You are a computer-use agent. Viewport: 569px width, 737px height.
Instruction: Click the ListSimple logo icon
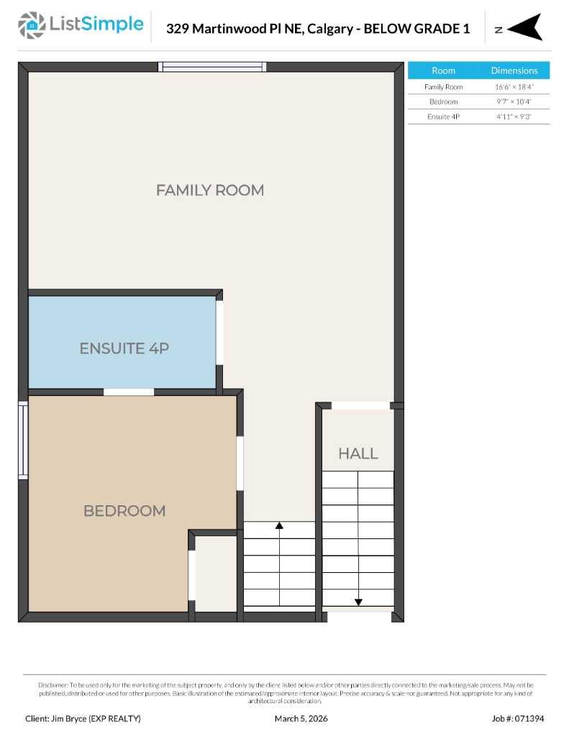coord(31,26)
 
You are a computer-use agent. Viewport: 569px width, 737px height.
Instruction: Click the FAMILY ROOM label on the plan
coord(209,190)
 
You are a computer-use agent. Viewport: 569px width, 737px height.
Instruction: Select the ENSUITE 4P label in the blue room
coord(124,348)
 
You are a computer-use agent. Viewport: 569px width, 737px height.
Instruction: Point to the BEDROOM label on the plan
coord(124,511)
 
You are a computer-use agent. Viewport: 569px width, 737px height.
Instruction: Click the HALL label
coord(358,453)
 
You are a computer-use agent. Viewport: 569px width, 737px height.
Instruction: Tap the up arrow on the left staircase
coord(279,526)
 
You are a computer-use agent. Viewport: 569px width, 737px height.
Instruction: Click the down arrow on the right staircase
coord(358,602)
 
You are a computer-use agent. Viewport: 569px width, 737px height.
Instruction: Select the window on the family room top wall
coord(212,67)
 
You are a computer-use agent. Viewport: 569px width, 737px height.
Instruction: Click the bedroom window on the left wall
coord(23,440)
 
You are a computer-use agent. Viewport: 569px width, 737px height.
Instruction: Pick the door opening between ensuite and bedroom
coord(129,392)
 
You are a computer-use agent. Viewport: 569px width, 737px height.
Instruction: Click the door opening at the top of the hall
coord(360,406)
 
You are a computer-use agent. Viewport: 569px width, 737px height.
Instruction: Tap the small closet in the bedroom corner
coord(216,574)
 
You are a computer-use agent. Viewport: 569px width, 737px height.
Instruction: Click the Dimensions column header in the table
coord(514,71)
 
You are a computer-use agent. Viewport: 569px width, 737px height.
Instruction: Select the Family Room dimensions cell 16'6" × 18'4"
coord(514,86)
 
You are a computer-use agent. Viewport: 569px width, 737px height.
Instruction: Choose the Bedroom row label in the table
coord(443,101)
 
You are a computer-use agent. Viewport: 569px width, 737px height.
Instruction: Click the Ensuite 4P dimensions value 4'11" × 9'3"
coord(514,117)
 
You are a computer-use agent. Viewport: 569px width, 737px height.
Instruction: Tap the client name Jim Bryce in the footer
coord(83,718)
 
